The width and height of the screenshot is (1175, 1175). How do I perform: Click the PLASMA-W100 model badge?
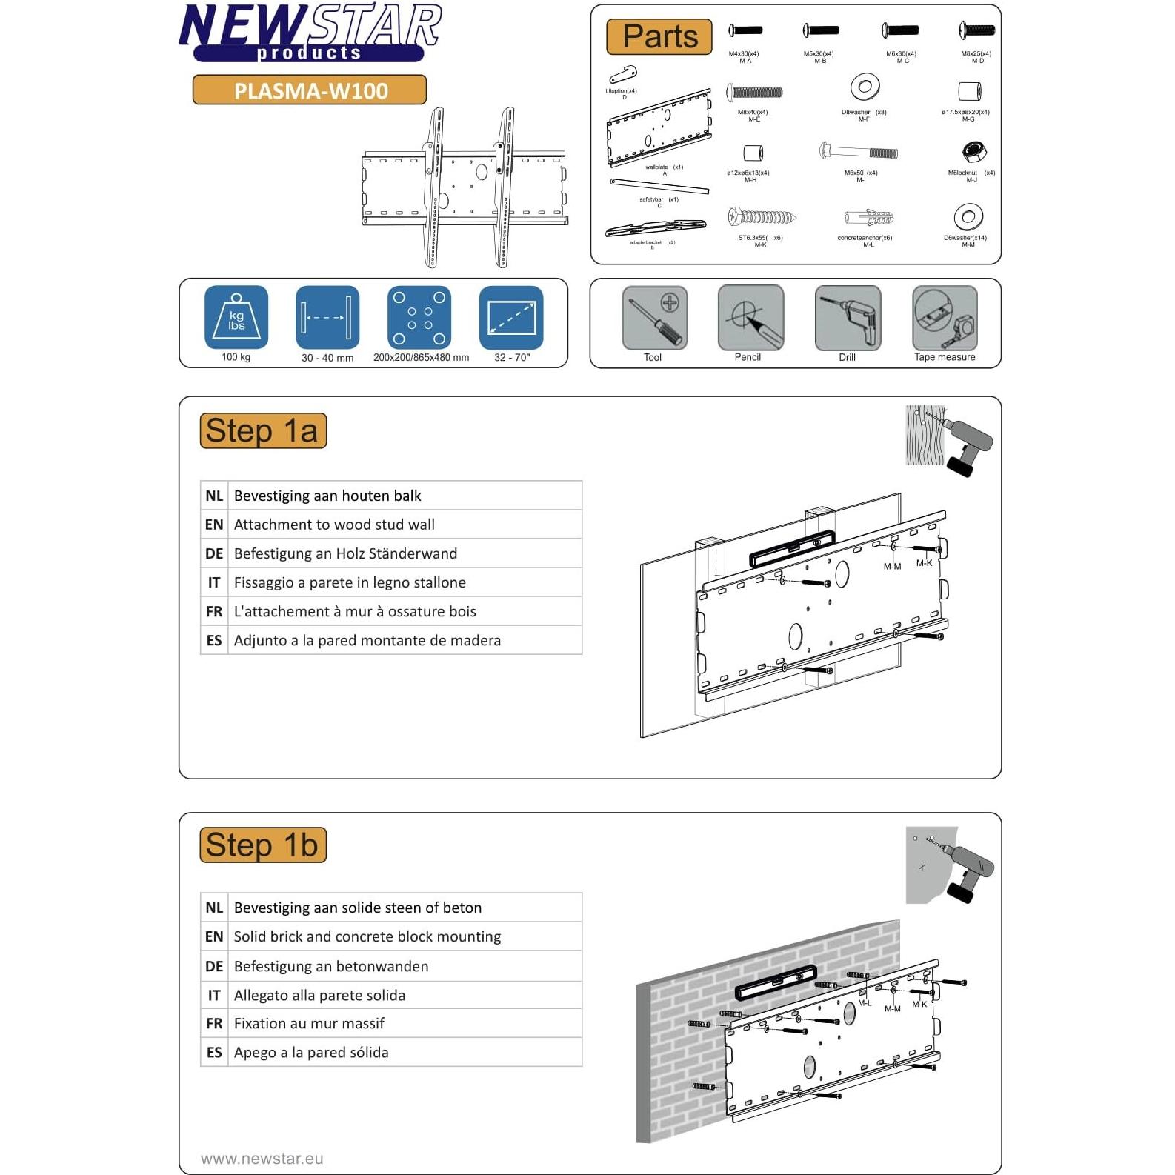(x=310, y=90)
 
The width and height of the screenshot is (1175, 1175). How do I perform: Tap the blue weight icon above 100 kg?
(x=236, y=317)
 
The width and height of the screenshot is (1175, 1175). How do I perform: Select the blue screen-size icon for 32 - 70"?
(x=511, y=317)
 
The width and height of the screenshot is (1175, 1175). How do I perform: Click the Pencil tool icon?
(x=750, y=318)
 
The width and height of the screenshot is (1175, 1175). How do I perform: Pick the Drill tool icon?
(x=848, y=318)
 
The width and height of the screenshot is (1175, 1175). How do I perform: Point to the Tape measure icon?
(x=945, y=318)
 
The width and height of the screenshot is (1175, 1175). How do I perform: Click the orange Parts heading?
(x=659, y=36)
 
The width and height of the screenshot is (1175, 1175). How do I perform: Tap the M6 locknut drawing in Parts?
(x=973, y=152)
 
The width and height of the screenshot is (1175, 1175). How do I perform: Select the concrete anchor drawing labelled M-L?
(x=868, y=218)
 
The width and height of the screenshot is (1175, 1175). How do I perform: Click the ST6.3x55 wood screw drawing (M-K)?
(x=761, y=218)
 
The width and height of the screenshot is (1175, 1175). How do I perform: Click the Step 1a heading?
(x=263, y=431)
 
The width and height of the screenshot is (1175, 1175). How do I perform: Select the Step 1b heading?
(x=263, y=845)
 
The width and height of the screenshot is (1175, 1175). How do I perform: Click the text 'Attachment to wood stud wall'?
(x=334, y=525)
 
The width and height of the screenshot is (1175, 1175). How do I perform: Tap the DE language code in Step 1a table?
(x=214, y=553)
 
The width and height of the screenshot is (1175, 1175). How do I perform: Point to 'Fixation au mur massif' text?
(x=309, y=1023)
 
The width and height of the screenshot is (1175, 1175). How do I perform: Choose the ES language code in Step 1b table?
(x=214, y=1052)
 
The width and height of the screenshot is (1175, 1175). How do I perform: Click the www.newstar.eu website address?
(x=262, y=1159)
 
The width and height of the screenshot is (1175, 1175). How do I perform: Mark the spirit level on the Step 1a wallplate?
(x=791, y=548)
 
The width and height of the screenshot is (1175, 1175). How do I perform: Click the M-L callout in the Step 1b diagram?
(x=864, y=1003)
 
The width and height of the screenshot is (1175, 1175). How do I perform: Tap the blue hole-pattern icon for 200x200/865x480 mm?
(x=419, y=317)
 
